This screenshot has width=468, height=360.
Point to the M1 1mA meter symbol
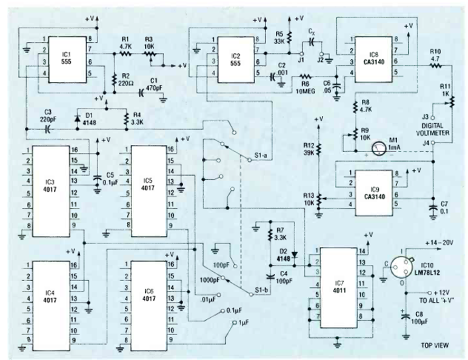(378, 149)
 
